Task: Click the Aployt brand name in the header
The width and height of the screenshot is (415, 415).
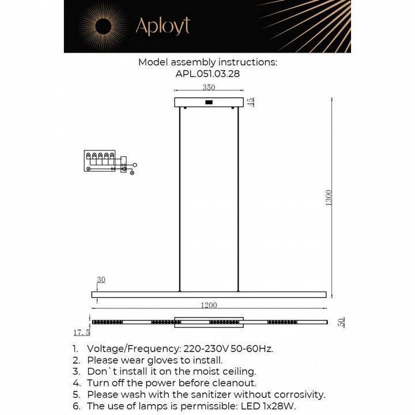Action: (x=162, y=26)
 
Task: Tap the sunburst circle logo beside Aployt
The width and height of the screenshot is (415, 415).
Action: (x=104, y=26)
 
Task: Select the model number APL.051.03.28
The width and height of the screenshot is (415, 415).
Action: (x=207, y=74)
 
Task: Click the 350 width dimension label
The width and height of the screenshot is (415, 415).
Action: (x=209, y=88)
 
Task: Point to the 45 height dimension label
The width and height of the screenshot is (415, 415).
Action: (x=251, y=102)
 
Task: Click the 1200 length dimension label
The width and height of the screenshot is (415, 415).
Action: (x=209, y=305)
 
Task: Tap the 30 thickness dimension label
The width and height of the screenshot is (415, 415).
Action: (x=101, y=280)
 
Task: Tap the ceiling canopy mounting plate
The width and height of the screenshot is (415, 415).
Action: (x=209, y=103)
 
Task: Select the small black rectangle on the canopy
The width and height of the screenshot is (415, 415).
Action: (x=209, y=103)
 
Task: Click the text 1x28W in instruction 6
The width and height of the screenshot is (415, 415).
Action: (x=281, y=406)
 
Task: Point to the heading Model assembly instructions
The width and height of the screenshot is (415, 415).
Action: (x=207, y=62)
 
